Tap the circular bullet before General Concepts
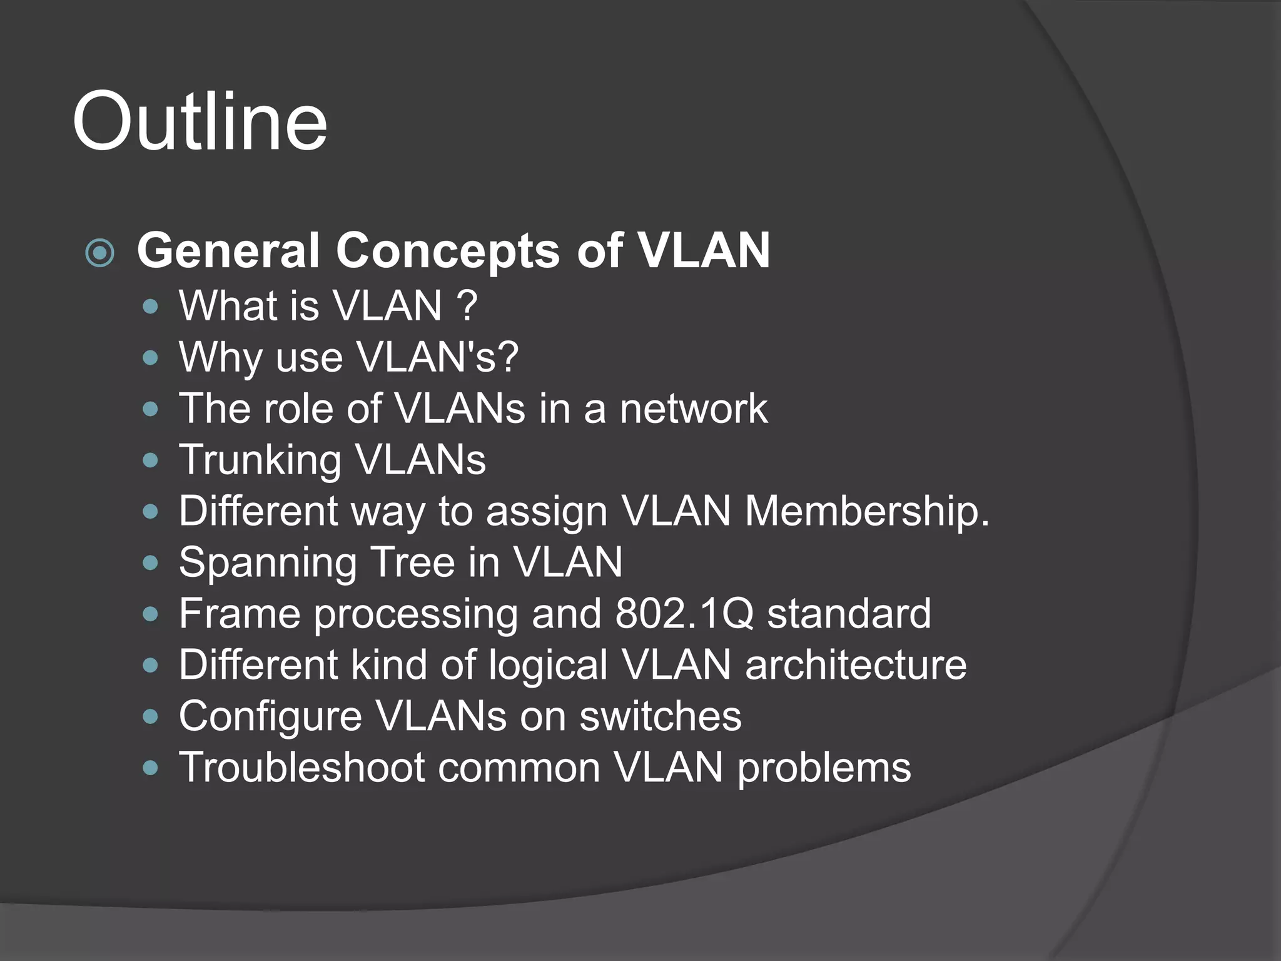pos(100,253)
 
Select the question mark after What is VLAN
pos(467,305)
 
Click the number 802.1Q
pos(684,613)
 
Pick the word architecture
pos(856,664)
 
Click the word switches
pos(660,716)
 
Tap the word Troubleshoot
pos(301,767)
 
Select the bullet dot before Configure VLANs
pos(150,716)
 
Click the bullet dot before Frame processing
pos(150,614)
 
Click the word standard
pos(849,613)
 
